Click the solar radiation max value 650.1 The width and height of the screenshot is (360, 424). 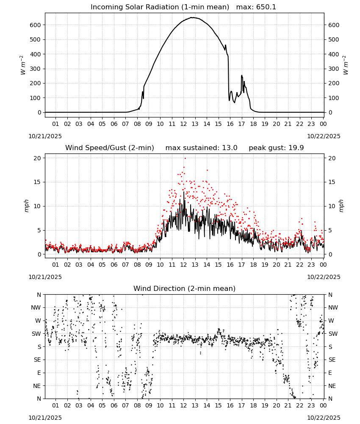click(266, 7)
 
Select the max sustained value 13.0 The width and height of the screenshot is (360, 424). click(230, 148)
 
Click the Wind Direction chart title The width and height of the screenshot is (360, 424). click(185, 288)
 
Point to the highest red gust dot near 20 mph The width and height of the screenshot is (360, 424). click(185, 158)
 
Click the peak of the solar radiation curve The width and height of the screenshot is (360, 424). click(192, 17)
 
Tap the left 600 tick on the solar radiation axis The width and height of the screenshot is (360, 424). click(36, 25)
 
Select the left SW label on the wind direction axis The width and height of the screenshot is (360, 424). click(36, 334)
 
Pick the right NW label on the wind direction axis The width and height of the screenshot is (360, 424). click(333, 308)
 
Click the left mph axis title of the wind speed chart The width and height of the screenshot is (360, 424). click(26, 206)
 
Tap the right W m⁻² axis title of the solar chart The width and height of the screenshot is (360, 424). click(346, 65)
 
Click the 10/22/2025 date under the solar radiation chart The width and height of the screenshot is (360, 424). click(324, 136)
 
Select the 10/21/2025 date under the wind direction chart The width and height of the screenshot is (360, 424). click(45, 418)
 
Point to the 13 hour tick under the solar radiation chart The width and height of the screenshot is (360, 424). click(195, 124)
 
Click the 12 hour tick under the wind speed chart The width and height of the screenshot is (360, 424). click(183, 265)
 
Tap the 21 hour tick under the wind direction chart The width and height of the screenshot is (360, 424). click(288, 405)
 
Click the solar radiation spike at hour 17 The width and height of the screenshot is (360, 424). click(242, 76)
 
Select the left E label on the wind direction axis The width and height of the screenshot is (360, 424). click(39, 373)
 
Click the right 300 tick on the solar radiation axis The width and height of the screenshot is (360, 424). click(334, 69)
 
